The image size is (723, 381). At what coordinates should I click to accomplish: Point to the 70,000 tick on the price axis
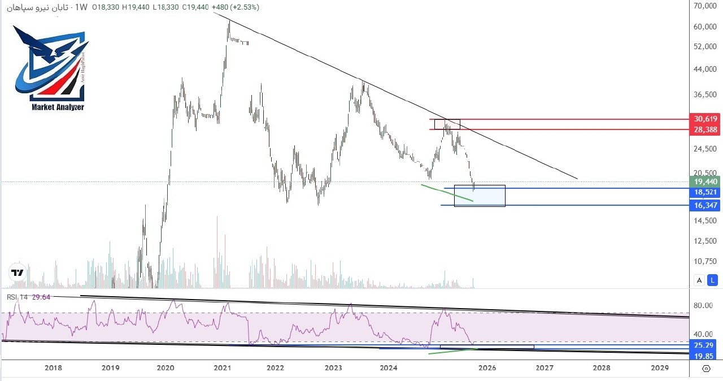(705, 6)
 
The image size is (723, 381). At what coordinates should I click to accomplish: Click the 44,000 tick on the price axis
(705, 70)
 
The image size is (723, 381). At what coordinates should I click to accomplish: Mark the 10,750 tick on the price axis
(705, 261)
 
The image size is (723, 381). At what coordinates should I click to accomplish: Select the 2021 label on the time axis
(223, 368)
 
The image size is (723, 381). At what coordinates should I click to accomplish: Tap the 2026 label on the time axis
(487, 368)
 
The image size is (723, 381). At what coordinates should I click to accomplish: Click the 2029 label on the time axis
(659, 368)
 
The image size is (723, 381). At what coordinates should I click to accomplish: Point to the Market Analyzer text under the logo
(58, 107)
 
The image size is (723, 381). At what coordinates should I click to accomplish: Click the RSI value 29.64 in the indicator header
(41, 297)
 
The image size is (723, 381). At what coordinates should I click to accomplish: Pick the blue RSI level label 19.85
(704, 355)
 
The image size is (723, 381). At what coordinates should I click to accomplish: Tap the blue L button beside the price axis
(713, 280)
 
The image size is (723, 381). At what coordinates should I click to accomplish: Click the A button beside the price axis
(700, 280)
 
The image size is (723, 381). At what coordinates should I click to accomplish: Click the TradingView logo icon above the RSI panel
(18, 273)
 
